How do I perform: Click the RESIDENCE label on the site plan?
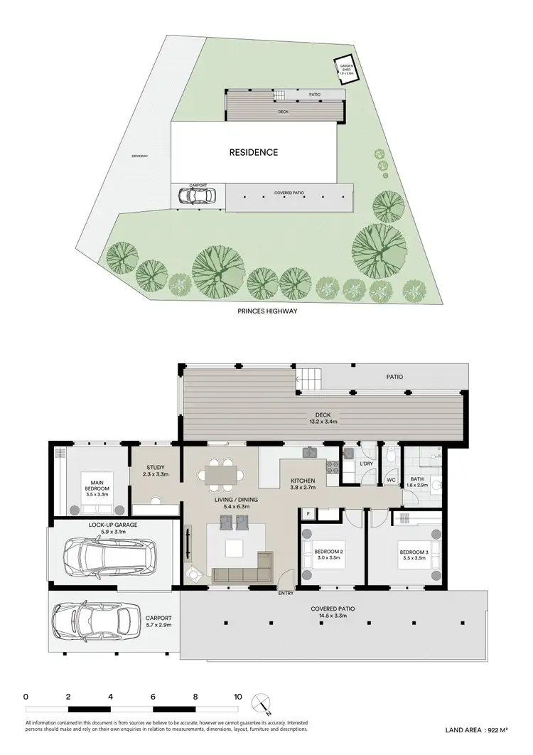(x=253, y=152)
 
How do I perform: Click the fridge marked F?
(x=308, y=513)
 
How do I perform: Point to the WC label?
(x=391, y=481)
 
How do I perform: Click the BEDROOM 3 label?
(x=413, y=552)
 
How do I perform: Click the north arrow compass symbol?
(x=264, y=703)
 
